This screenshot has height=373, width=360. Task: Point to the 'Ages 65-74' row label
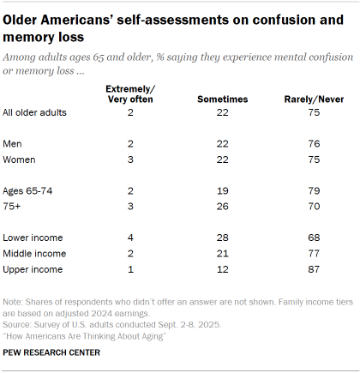click(29, 189)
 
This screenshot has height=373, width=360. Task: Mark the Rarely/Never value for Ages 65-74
click(313, 189)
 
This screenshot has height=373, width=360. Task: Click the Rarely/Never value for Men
click(313, 143)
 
